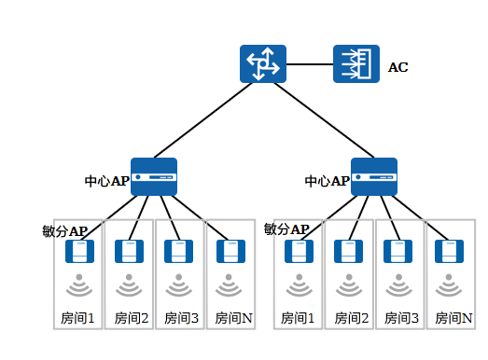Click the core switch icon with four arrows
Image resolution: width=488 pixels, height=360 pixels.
pos(263,63)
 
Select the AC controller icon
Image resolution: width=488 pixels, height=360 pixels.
pos(356,63)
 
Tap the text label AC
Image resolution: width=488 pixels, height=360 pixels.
pos(398,67)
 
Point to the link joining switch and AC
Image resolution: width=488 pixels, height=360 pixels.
pos(310,64)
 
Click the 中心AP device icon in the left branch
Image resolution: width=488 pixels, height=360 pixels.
pos(154,176)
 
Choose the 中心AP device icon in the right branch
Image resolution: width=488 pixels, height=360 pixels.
pos(374,176)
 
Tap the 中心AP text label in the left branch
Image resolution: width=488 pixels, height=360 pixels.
pos(107,181)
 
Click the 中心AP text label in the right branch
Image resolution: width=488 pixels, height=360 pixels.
pos(328,181)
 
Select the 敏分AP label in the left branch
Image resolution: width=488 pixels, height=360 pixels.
pos(65,231)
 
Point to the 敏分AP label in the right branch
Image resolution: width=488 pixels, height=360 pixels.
pos(286,229)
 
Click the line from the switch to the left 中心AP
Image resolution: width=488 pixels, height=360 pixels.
pos(202,120)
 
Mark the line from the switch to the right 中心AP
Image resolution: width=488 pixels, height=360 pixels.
pos(324,120)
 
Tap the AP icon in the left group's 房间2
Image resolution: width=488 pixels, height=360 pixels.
pos(129,251)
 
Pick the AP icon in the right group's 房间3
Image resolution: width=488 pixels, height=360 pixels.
pos(398,251)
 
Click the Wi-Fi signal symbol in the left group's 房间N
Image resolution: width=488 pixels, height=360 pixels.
pos(229,285)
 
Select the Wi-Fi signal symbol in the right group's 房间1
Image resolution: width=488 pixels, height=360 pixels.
pos(300,285)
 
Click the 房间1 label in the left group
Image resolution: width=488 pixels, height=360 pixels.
pos(77,318)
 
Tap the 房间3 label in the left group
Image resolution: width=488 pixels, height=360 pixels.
pos(181,318)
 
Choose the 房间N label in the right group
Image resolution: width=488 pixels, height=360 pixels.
pos(453,318)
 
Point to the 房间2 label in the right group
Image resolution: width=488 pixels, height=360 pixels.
pos(352,318)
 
